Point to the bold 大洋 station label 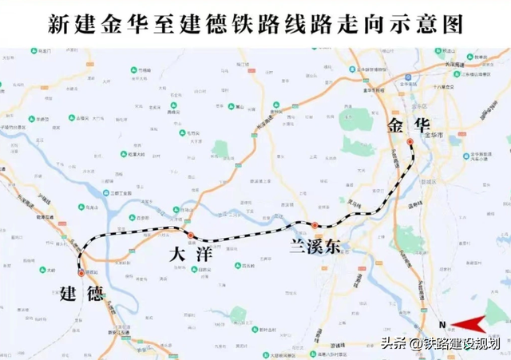189,255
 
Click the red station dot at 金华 410,142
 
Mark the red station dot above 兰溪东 315,225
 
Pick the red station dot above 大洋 191,235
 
